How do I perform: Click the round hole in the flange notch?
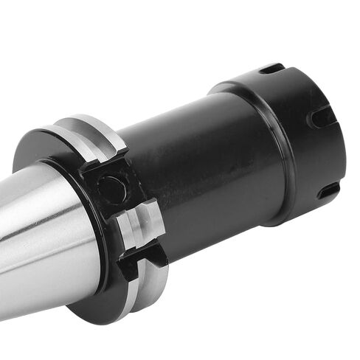pyautogui.click(x=112, y=190)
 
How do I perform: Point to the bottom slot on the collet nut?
pyautogui.click(x=328, y=191)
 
